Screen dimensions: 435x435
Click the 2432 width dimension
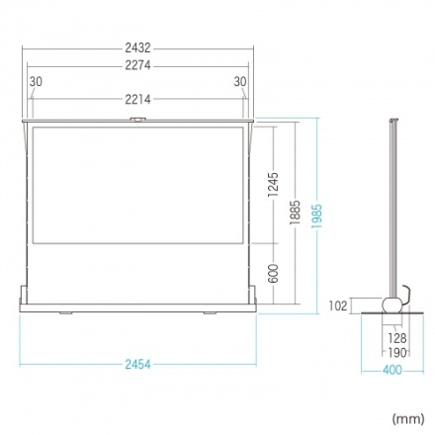coord(137,48)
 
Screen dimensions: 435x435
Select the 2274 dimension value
coord(137,65)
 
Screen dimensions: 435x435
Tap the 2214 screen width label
coord(137,99)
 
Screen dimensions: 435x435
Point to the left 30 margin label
coord(36,81)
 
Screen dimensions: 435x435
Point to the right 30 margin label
coord(240,81)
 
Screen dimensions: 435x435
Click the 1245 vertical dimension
coord(273,185)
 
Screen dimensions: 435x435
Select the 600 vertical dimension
coord(273,273)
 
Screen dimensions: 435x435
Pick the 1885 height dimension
coord(296,213)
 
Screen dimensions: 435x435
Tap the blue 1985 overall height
coord(317,217)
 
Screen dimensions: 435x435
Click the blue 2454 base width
coord(137,365)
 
